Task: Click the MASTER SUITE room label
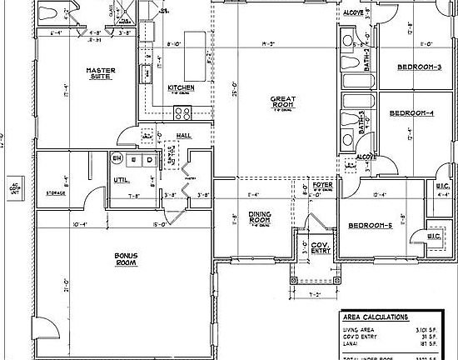tap(100, 74)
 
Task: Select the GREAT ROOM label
tap(282, 102)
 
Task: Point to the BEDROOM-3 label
tap(419, 67)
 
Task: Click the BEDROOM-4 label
tap(412, 112)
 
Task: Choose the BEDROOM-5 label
tap(371, 226)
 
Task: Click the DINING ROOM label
tap(260, 217)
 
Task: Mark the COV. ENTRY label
tap(320, 247)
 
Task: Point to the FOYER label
tap(321, 186)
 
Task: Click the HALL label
tap(185, 135)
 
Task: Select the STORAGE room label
tap(56, 192)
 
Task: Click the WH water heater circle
tap(117, 158)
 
